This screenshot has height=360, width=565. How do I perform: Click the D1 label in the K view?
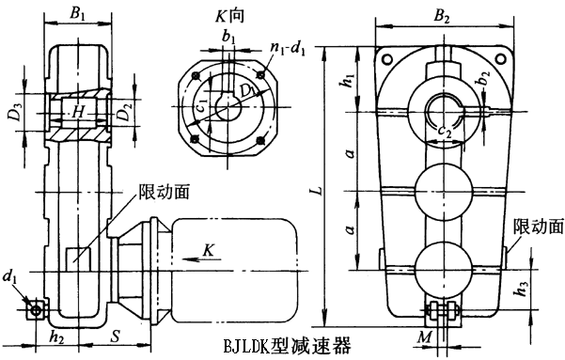click(x=247, y=92)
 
